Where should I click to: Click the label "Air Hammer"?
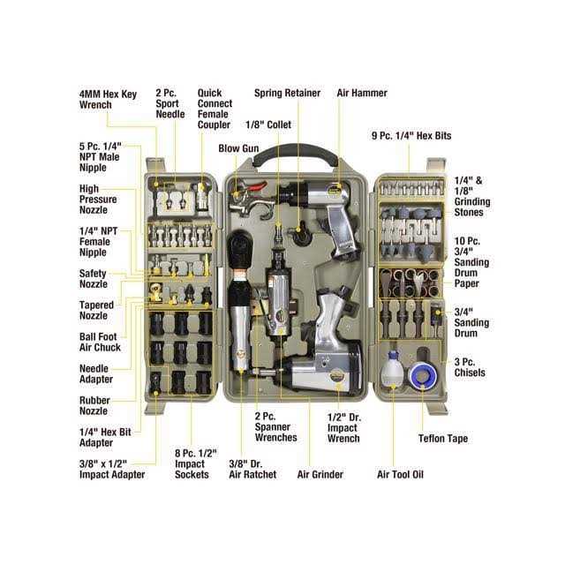pos(362,92)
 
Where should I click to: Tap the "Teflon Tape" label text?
pos(442,439)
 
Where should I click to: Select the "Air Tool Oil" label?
pos(400,474)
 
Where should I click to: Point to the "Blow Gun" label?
pos(237,148)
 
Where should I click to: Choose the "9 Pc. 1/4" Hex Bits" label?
pos(411,136)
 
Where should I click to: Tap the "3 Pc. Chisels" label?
pos(470,366)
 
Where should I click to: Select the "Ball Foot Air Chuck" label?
pos(99,342)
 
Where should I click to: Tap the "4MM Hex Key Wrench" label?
pos(107,99)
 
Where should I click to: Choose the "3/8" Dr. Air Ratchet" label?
pos(252,468)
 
